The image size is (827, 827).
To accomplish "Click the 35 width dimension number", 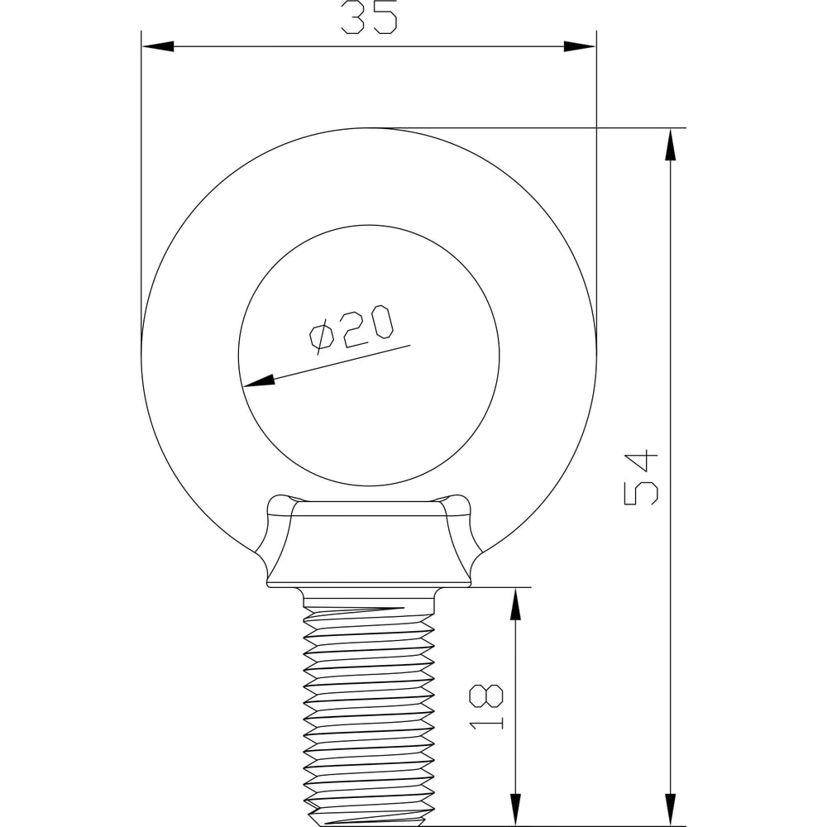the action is click(x=369, y=17).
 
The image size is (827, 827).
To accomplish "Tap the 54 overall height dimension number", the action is click(x=641, y=478).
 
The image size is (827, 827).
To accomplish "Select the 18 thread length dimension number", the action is click(x=486, y=707).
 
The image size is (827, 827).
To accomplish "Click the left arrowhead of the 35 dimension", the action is click(x=158, y=46).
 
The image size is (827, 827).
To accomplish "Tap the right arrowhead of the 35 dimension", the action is click(x=581, y=46).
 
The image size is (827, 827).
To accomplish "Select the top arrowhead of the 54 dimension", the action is click(x=671, y=144).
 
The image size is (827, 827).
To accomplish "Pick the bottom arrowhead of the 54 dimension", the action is click(x=671, y=810).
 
